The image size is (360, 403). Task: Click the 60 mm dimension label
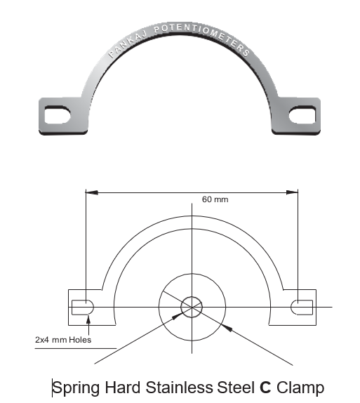[215, 199]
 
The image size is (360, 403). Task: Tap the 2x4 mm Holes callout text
[63, 340]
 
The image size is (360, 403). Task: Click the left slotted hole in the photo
[58, 114]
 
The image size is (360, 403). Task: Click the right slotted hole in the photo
[302, 114]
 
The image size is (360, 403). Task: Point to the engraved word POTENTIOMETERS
[202, 38]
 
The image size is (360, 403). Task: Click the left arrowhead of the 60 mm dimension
[92, 192]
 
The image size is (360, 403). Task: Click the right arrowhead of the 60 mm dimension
[292, 192]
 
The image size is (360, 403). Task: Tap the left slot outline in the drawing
[83, 307]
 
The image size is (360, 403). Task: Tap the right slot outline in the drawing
[302, 307]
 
